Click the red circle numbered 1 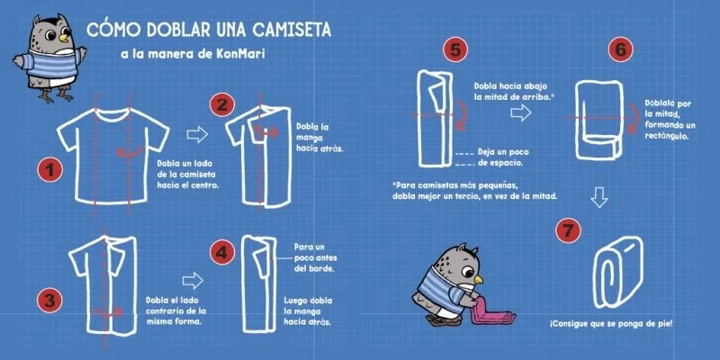pyautogui.click(x=49, y=170)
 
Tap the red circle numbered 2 pyautogui.click(x=221, y=104)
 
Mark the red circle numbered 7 pyautogui.click(x=568, y=230)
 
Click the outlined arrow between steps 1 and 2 pyautogui.click(x=197, y=134)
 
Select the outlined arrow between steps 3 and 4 pyautogui.click(x=193, y=280)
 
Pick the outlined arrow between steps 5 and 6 pyautogui.click(x=521, y=112)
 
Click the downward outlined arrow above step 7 pyautogui.click(x=598, y=196)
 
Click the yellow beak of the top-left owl pyautogui.click(x=64, y=37)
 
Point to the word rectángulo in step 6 pyautogui.click(x=666, y=136)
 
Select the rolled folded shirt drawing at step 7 pyautogui.click(x=617, y=273)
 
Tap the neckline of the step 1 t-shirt pyautogui.click(x=112, y=113)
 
